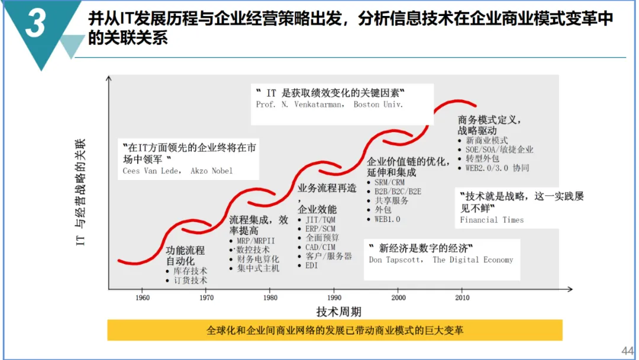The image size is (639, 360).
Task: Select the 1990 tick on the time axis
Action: coord(334,297)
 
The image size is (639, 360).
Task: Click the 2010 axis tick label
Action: coord(462,297)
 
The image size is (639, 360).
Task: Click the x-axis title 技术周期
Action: coord(338,311)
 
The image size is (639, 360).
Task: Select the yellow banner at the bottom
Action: coord(334,330)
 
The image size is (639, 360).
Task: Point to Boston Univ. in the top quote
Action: coord(378,105)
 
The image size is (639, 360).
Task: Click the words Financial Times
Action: coord(492,220)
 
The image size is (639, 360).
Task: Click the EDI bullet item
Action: coord(311,265)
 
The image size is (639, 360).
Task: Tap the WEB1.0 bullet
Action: coord(387,219)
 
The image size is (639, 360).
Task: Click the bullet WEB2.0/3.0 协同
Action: coord(497,168)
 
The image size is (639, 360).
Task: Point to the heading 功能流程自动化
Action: coord(185,255)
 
